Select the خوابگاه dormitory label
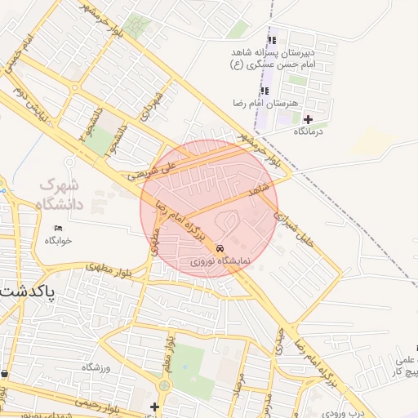59,240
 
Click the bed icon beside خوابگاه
57,228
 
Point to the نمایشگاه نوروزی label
220,262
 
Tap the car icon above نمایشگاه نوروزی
220,248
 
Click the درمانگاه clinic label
309,131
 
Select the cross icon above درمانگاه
308,119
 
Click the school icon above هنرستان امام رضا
264,90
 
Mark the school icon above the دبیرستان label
273,39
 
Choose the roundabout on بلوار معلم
165,385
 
